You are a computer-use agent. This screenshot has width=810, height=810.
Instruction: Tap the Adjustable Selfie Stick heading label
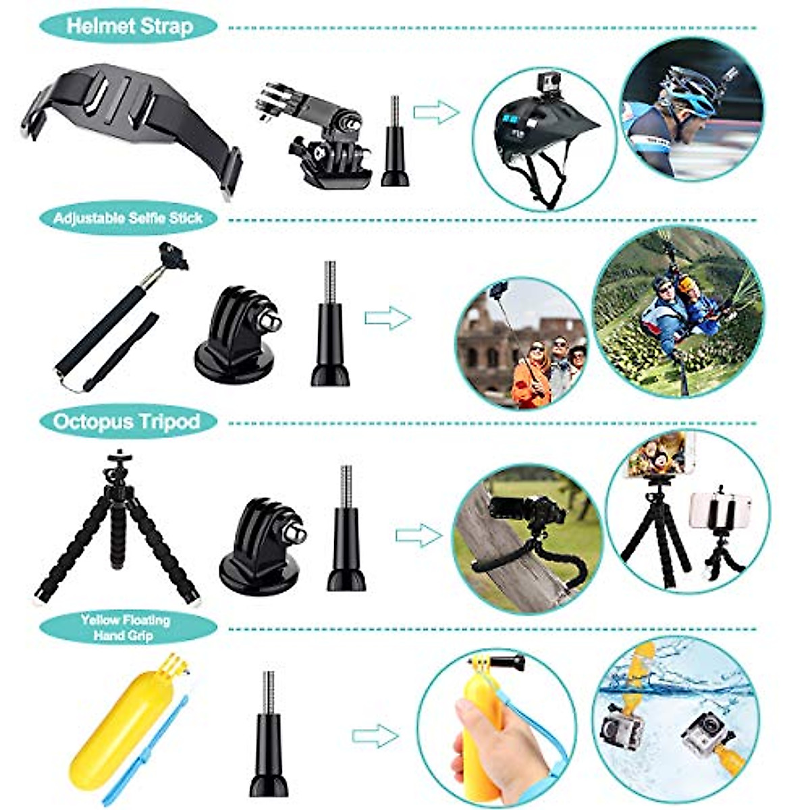(x=128, y=219)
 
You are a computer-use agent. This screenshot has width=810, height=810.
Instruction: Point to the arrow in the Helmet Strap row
(x=436, y=112)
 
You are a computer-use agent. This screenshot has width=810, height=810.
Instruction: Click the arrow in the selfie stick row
(x=387, y=317)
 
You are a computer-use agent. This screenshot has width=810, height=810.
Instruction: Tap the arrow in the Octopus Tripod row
(x=418, y=536)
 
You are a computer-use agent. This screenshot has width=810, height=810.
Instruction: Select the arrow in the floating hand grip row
(x=375, y=736)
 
